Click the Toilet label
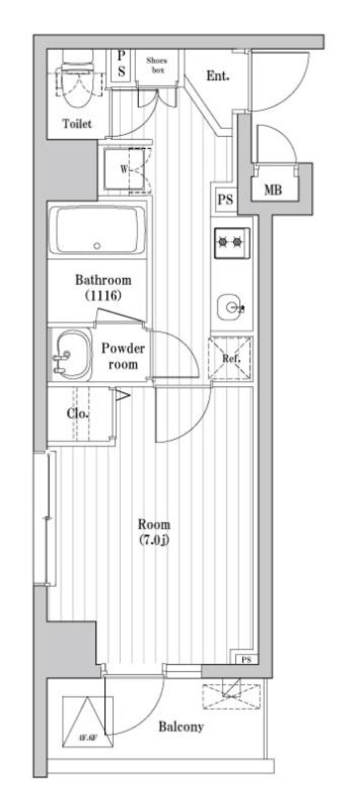coord(77,124)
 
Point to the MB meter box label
coord(274,191)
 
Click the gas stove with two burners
coord(231,242)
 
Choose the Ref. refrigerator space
coord(230,359)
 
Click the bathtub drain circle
coord(97,245)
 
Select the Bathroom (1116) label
coord(103,287)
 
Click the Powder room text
coord(122,356)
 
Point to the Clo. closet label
coord(79,414)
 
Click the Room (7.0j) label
coord(154,531)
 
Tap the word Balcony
coord(181,727)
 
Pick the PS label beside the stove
coord(226,200)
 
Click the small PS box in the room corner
coord(245,660)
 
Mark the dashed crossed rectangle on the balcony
coord(231,696)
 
